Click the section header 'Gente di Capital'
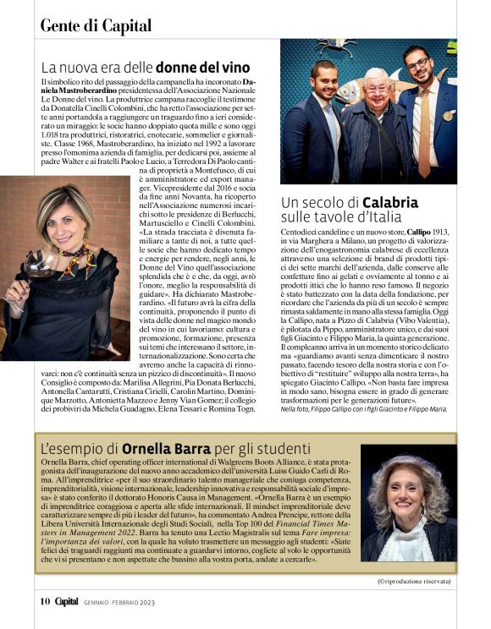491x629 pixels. coord(85,25)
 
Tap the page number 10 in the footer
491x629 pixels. coord(46,601)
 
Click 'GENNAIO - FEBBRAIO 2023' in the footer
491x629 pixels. coord(121,602)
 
